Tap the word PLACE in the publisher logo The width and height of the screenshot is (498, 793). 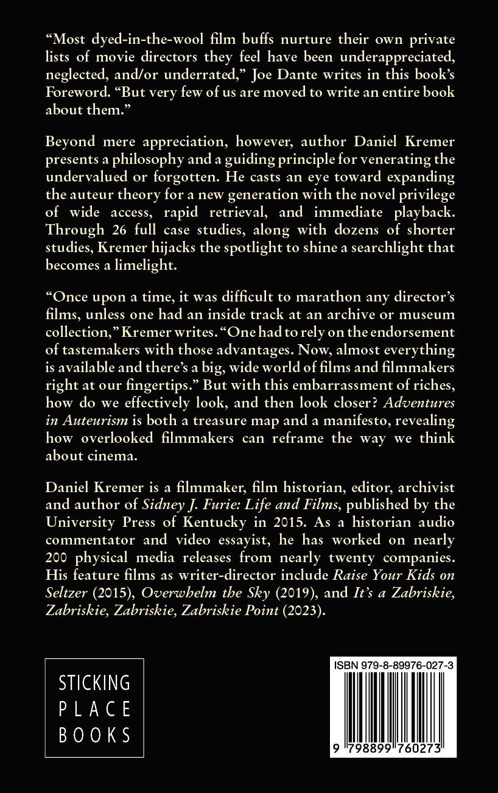(x=94, y=708)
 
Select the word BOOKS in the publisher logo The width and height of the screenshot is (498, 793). (x=94, y=735)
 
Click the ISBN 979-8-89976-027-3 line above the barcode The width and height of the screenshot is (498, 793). (x=393, y=668)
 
